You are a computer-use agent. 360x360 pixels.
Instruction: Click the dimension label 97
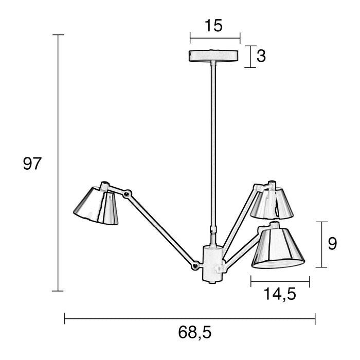(x=32, y=164)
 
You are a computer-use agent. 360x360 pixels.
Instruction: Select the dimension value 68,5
(x=195, y=333)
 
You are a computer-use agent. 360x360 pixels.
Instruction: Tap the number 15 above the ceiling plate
(x=213, y=26)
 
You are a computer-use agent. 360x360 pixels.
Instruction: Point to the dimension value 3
(x=261, y=56)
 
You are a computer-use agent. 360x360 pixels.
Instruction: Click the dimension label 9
(x=332, y=244)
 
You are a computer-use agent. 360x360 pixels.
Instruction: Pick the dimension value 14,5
(x=280, y=294)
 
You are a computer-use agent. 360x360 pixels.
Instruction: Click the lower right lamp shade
(x=277, y=248)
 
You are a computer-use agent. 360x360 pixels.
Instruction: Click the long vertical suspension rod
(x=212, y=144)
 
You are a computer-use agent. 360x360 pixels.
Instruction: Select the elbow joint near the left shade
(x=128, y=194)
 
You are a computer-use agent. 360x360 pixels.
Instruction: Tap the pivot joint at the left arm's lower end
(x=195, y=266)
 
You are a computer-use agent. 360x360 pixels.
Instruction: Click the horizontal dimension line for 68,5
(x=190, y=318)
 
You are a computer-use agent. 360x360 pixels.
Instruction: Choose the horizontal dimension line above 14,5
(x=280, y=281)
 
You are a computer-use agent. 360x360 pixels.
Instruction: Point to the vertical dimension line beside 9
(x=321, y=244)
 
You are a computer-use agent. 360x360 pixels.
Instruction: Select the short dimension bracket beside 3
(x=250, y=57)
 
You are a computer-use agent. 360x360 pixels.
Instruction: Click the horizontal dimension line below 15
(x=215, y=38)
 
